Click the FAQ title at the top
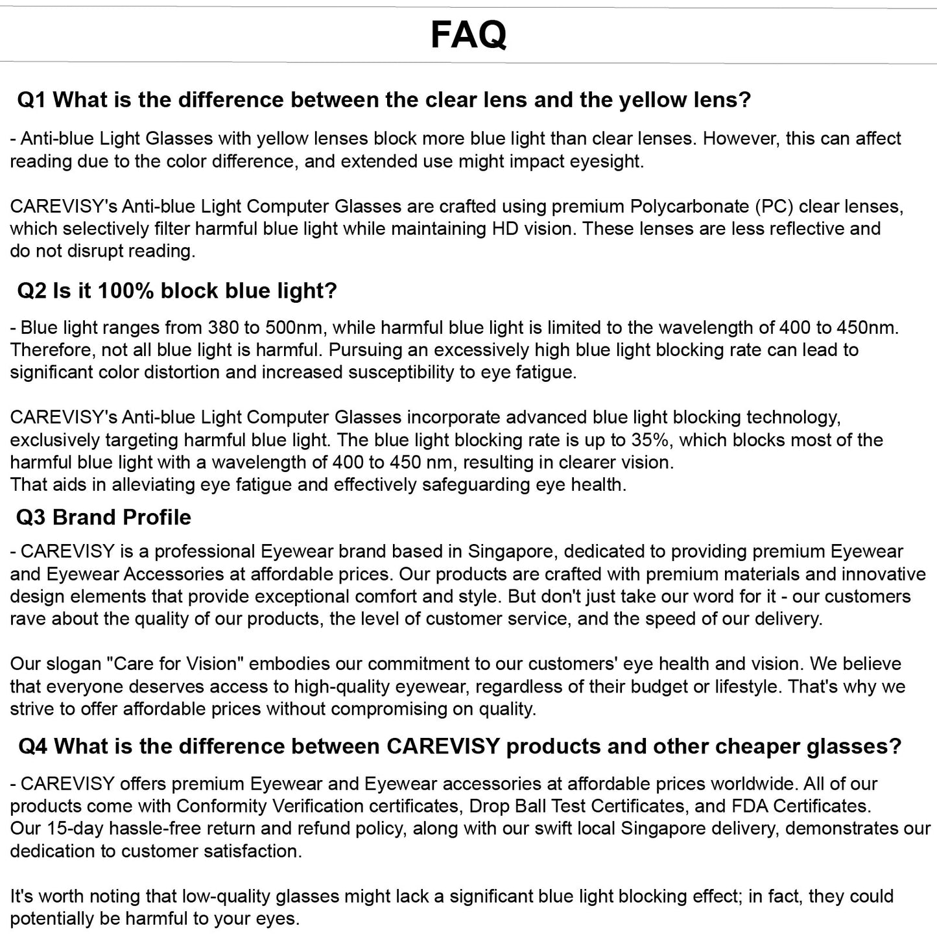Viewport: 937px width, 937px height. click(x=468, y=34)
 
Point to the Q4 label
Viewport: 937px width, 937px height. click(x=32, y=746)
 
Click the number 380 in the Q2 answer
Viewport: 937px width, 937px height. click(x=223, y=327)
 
